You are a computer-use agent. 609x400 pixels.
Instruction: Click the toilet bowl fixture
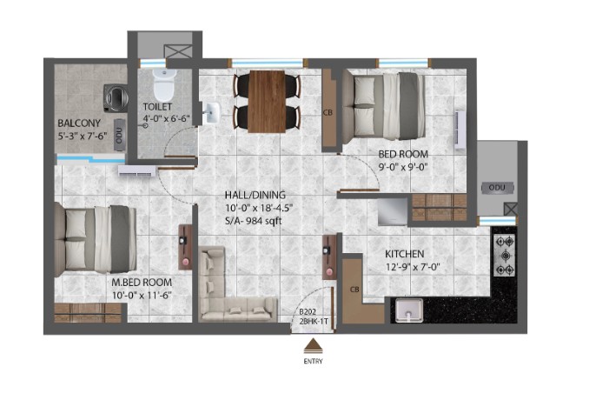(163, 85)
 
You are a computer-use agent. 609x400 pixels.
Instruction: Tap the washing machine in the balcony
(116, 98)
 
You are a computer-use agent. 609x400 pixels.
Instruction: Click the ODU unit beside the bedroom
(497, 187)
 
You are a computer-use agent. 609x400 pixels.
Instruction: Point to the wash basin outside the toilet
(210, 112)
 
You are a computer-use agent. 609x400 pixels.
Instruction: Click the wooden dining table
(268, 102)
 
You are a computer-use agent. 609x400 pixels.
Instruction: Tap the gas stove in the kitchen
(505, 256)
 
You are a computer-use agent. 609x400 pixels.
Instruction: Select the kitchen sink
(409, 310)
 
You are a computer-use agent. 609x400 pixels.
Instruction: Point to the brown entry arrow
(313, 345)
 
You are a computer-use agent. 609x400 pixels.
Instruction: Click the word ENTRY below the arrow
(313, 361)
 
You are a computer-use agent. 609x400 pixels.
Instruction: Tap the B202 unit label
(307, 311)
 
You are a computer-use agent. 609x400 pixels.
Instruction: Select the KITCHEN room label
(404, 254)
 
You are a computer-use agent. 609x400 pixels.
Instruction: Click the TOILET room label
(157, 106)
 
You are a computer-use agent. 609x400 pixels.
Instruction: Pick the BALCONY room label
(79, 123)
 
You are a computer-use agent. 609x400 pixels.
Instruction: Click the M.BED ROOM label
(142, 283)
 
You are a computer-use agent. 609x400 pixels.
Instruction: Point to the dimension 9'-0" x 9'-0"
(403, 167)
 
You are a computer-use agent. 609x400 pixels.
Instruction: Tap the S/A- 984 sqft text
(253, 221)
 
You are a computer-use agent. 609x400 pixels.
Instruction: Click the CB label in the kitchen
(354, 290)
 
